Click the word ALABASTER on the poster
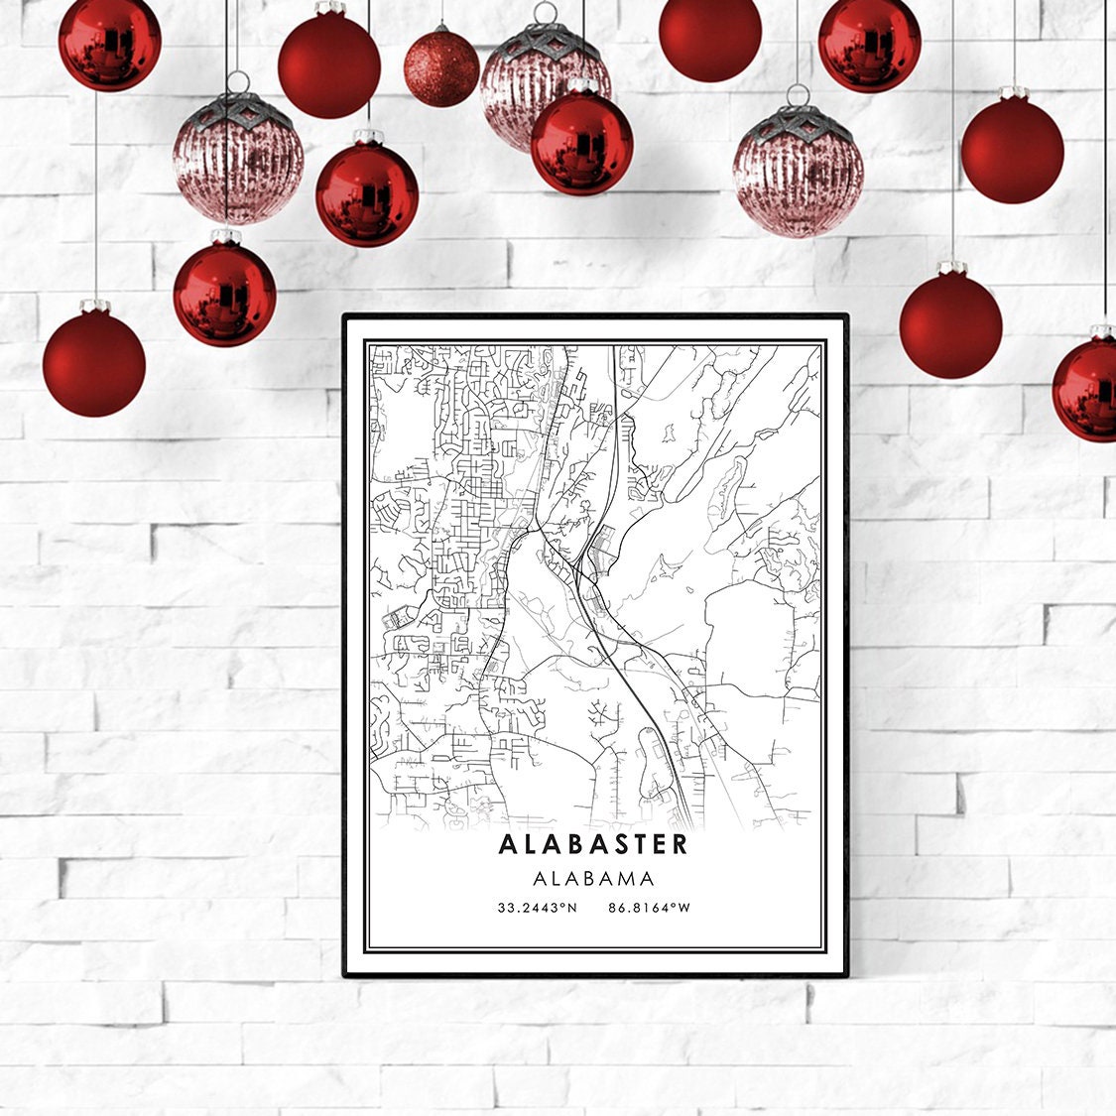click(593, 844)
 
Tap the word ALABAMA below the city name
click(593, 878)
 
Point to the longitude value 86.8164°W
click(651, 907)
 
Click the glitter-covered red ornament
click(441, 67)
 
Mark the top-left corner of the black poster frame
click(343, 316)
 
